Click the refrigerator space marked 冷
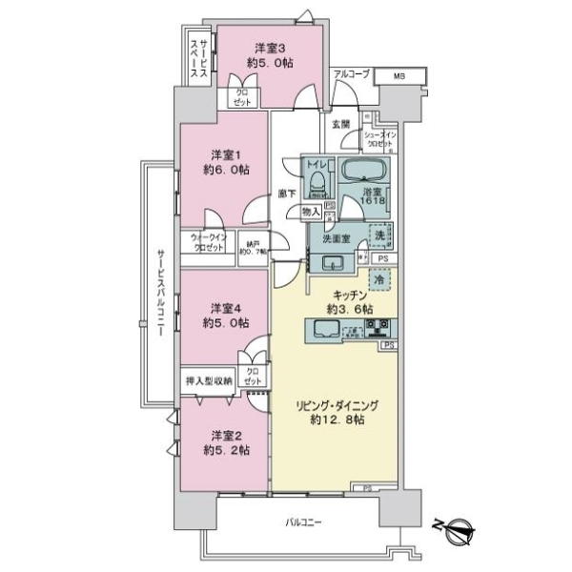click(x=378, y=283)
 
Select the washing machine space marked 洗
click(x=380, y=235)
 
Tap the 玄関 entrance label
click(x=340, y=124)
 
